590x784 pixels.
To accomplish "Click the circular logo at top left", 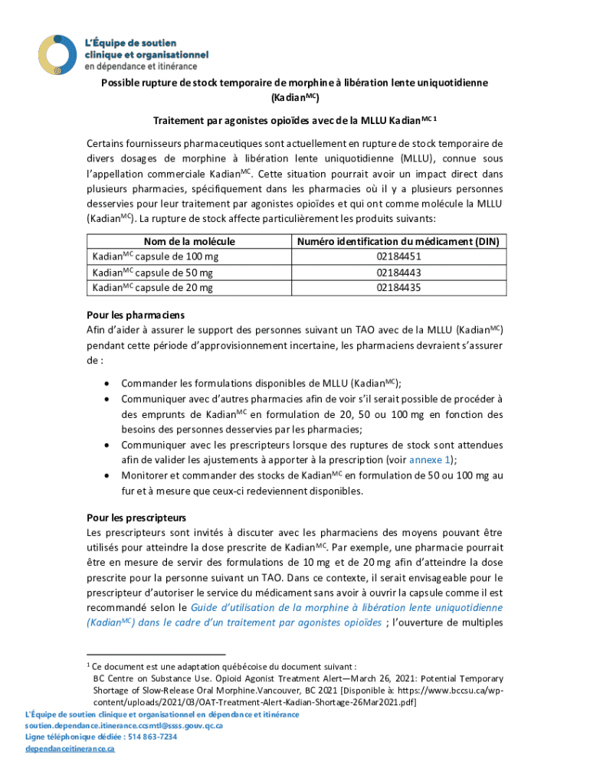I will pos(59,54).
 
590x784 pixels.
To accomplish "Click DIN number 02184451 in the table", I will pos(398,257).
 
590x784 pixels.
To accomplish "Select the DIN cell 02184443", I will pos(398,273).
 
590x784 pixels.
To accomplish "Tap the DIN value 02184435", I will pos(398,287).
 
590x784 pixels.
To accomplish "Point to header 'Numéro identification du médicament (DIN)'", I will pos(398,242).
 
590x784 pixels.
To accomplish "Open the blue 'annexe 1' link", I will pos(430,459).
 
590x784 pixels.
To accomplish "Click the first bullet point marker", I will pos(105,384).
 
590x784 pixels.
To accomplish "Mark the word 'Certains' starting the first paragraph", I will pos(107,142).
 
